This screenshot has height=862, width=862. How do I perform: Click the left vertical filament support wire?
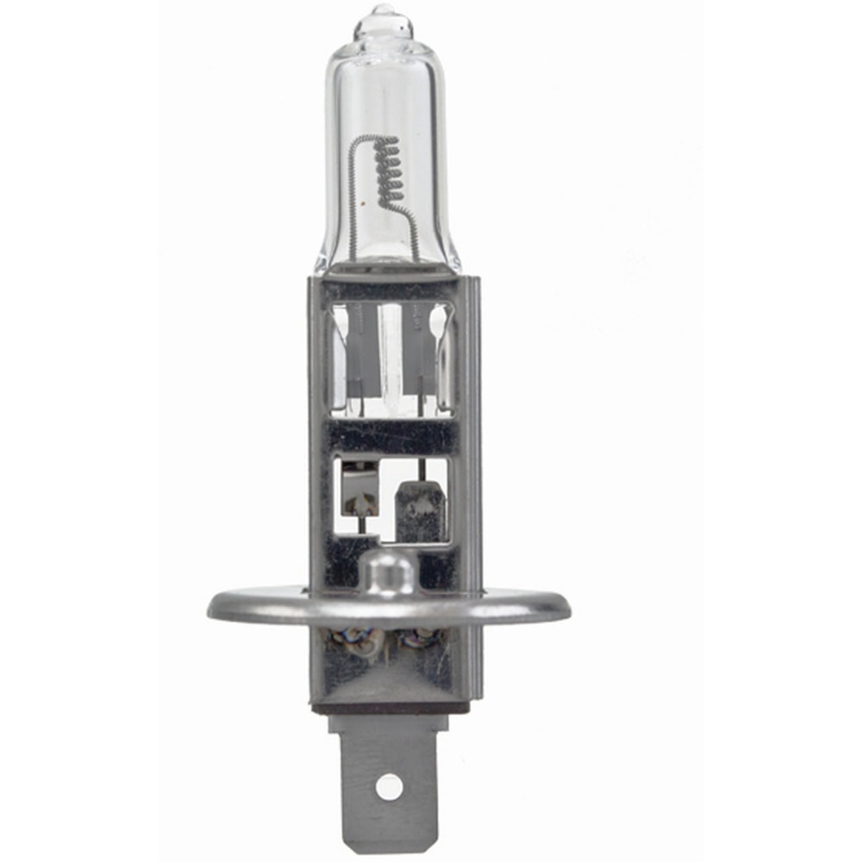click(x=353, y=207)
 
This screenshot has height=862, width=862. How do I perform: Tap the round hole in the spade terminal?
click(x=389, y=785)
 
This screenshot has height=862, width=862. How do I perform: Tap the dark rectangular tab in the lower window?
click(x=420, y=509)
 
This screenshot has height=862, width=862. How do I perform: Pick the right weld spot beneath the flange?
click(x=423, y=640)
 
